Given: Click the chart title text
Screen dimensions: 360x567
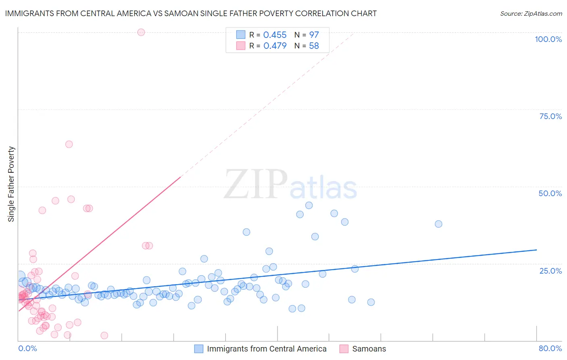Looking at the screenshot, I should pos(190,13).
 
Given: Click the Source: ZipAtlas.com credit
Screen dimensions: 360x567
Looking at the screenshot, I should pos(531,13).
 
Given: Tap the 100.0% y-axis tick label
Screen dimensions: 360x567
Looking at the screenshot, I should pos(548,39).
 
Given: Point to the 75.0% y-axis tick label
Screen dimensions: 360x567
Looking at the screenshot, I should pos(550,116).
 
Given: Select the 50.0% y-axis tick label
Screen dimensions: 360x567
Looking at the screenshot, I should pos(550,193).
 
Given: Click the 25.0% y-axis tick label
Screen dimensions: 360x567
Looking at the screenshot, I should pos(550,271).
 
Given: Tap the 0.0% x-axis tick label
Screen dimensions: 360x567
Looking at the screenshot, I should pos(27,348).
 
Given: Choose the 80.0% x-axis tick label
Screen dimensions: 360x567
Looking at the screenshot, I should pos(550,348).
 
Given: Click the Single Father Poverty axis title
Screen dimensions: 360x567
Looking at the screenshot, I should pos(11,184).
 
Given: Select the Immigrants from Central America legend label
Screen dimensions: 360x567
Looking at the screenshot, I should pos(267,349).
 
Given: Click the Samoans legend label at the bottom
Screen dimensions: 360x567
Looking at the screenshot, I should pos(369,349).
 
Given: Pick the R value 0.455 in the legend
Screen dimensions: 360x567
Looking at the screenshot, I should pos(275,35).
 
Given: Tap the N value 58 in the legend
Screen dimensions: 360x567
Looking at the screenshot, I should pos(314,46).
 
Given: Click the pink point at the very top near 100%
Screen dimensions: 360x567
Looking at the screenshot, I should pos(141,32).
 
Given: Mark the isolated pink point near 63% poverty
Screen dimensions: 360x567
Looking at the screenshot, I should pos(69,144).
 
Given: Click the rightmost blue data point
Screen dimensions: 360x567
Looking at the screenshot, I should pos(438,224).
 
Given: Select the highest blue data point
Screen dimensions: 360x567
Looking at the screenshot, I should pos(309,205).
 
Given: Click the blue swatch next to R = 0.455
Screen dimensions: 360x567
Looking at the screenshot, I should pos(241,35).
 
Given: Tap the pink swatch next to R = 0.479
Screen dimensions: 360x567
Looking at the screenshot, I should pos(241,46).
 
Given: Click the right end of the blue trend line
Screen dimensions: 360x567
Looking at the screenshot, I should pos(536,250).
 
